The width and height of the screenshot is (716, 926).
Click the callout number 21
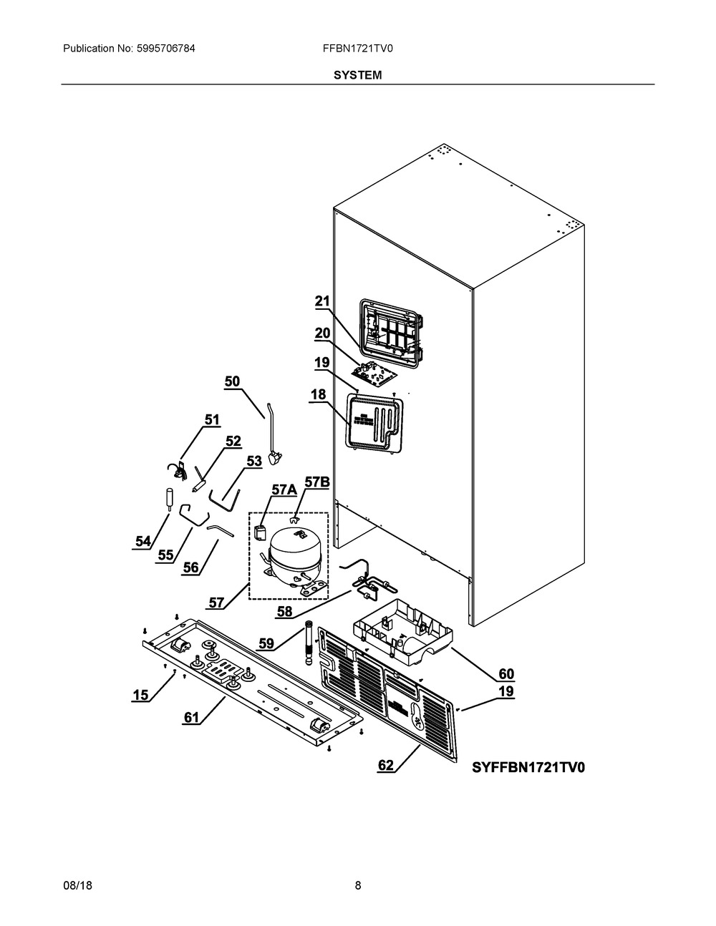tap(322, 302)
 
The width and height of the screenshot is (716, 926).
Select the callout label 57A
tap(284, 489)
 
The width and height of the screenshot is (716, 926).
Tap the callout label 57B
tap(316, 482)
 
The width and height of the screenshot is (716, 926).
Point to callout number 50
tap(232, 381)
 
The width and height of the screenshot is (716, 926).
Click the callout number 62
tap(386, 766)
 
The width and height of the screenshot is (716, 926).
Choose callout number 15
tap(140, 694)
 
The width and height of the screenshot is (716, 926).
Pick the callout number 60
tap(506, 674)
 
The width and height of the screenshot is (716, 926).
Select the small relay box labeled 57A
tap(261, 533)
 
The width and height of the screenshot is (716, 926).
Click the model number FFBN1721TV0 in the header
tap(358, 49)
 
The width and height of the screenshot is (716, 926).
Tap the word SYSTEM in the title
tap(357, 74)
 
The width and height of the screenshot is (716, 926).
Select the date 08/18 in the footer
tap(77, 885)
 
